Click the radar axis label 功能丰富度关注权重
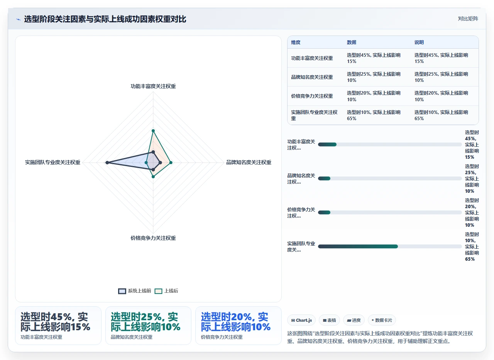pyautogui.click(x=153, y=86)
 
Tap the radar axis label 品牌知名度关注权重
pyautogui.click(x=249, y=162)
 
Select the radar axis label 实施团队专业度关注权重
pyautogui.click(x=52, y=162)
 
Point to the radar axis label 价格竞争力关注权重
pyautogui.click(x=153, y=238)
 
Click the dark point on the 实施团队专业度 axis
pyautogui.click(x=107, y=163)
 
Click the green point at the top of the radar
pyautogui.click(x=153, y=131)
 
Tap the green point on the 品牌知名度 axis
pyautogui.click(x=171, y=163)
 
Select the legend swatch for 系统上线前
pyautogui.click(x=122, y=291)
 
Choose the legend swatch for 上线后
pyautogui.click(x=158, y=291)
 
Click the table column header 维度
pyautogui.click(x=296, y=42)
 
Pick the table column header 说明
pyautogui.click(x=419, y=42)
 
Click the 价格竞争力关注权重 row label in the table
pyautogui.click(x=312, y=96)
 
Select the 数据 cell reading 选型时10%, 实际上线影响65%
pyautogui.click(x=374, y=115)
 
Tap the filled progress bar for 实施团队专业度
pyautogui.click(x=358, y=246)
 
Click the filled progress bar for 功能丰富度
pyautogui.click(x=327, y=144)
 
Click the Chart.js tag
pyautogui.click(x=301, y=320)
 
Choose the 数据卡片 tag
pyautogui.click(x=382, y=320)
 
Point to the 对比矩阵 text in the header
pyautogui.click(x=468, y=19)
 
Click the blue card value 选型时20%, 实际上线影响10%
pyautogui.click(x=235, y=322)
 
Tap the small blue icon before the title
pyautogui.click(x=19, y=20)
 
